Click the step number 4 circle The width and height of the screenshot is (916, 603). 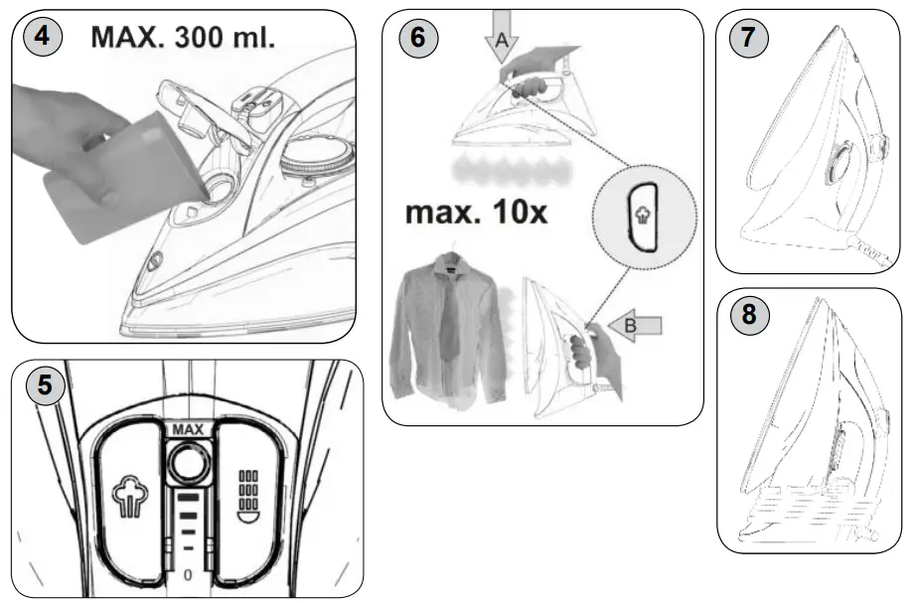click(x=41, y=38)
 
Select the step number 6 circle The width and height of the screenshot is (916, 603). click(x=418, y=38)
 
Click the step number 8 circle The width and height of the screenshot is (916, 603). click(x=748, y=316)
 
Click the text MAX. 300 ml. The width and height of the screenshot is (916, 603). click(x=183, y=38)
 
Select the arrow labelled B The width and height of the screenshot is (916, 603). click(x=641, y=324)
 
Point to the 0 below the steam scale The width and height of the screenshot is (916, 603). click(x=186, y=573)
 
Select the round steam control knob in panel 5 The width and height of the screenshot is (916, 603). click(x=186, y=461)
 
